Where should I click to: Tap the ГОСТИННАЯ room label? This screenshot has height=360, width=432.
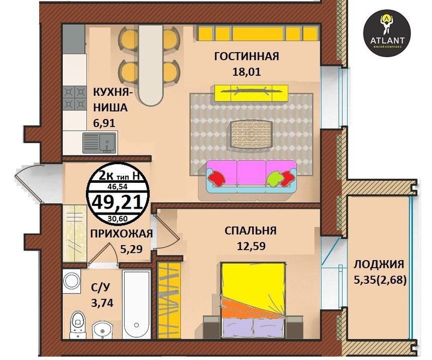(246, 56)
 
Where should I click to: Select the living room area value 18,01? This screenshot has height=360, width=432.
(246, 72)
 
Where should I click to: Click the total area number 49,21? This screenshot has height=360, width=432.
(118, 201)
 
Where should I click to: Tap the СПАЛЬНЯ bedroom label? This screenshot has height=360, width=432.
(250, 230)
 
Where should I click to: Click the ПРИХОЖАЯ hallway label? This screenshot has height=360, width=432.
(121, 234)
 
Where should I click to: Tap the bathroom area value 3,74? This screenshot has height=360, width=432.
(101, 302)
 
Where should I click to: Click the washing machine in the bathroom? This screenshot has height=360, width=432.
(71, 281)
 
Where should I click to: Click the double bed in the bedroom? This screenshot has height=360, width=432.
(253, 299)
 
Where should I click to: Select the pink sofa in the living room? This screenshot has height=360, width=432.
(251, 175)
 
